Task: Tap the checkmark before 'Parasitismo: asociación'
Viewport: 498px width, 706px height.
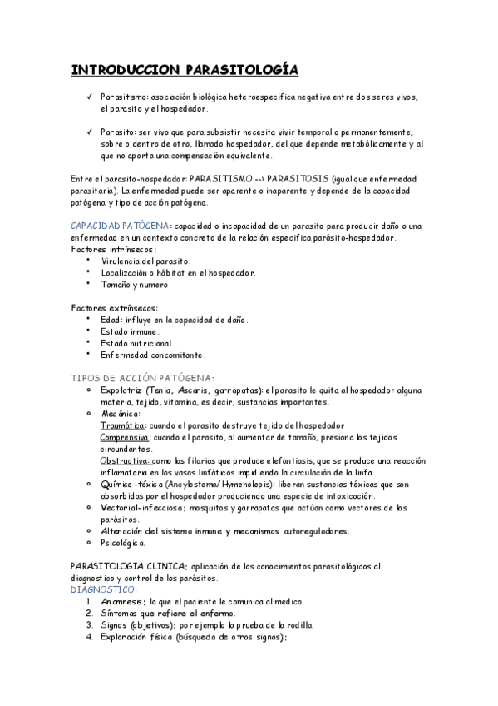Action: pos(89,97)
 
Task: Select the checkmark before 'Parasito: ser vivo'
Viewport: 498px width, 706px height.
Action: pos(89,132)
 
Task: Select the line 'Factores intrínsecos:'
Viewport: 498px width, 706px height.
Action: pos(114,249)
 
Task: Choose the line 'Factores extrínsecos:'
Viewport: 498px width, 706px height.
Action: pos(115,307)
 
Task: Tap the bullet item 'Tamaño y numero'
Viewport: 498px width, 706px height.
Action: pos(134,284)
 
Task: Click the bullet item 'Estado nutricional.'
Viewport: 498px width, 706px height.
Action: pos(136,342)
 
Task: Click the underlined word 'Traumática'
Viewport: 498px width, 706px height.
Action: pos(122,424)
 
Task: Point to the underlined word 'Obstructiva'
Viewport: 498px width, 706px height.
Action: pos(126,460)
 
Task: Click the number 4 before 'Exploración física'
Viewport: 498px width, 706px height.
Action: pos(90,637)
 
